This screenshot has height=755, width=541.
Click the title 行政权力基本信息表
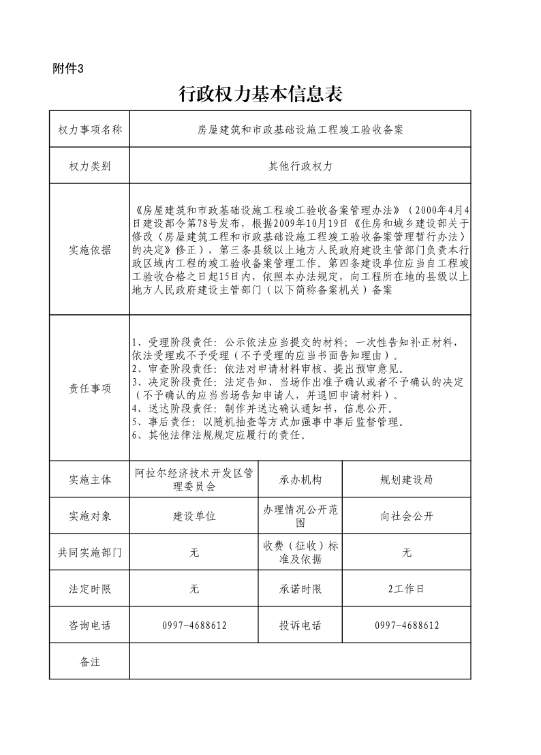pos(260,94)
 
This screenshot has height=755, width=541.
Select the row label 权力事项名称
pos(90,129)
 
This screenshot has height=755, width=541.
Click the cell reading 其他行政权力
pos(300,166)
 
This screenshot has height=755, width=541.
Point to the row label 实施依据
pos(90,249)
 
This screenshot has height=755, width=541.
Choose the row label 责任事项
pos(90,388)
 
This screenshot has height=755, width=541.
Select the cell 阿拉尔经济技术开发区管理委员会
pos(194,479)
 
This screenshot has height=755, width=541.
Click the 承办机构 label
pos(300,480)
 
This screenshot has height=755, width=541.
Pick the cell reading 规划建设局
pos(406,480)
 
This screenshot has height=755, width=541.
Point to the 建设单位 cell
pos(194,517)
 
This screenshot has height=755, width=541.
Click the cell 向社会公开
pos(406,517)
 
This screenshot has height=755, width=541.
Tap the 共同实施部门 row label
pos(90,553)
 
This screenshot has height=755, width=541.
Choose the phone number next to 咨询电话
pos(194,626)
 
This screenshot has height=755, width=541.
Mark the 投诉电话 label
pos(300,626)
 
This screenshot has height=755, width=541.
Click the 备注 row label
pos(90,662)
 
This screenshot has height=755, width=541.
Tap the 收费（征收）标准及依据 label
pos(300,553)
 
